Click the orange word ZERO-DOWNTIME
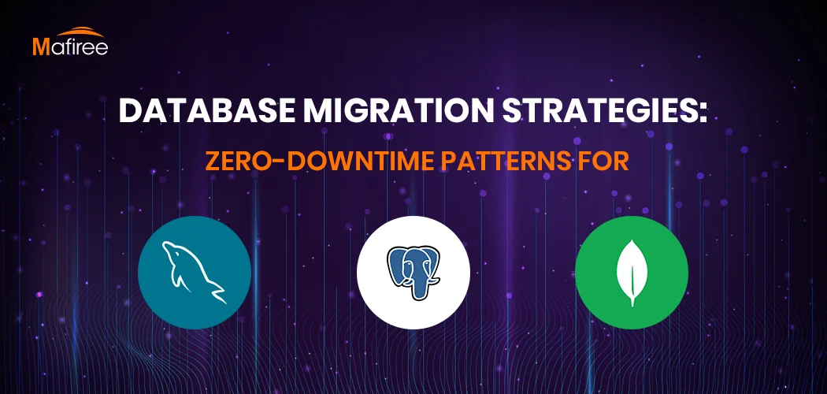pyautogui.click(x=320, y=162)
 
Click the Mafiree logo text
pyautogui.click(x=71, y=46)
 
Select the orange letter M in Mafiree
pyautogui.click(x=41, y=47)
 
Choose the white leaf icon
pyautogui.click(x=632, y=273)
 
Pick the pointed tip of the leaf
pyautogui.click(x=632, y=240)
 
